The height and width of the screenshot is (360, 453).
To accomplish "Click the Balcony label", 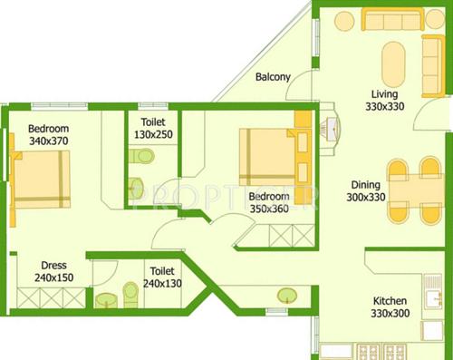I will [x=272, y=77].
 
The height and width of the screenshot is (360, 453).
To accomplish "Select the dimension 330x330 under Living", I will [x=384, y=106].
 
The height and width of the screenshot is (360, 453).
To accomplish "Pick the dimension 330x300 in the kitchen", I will [x=390, y=314].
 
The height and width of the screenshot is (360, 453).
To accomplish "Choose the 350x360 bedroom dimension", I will [x=269, y=208].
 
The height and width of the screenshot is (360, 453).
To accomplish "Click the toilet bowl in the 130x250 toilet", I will [x=141, y=157].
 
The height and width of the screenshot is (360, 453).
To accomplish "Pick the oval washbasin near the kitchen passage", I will [x=288, y=295].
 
